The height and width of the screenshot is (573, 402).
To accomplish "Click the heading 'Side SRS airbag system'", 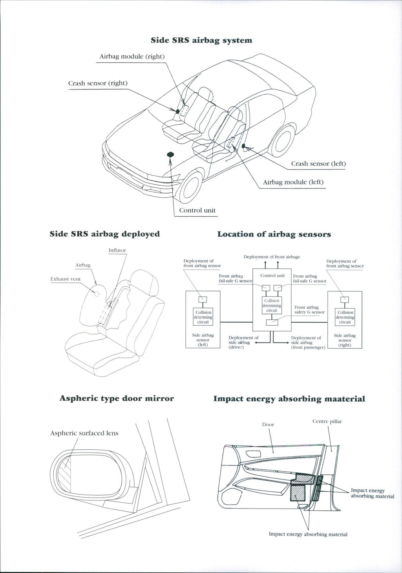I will (x=201, y=40).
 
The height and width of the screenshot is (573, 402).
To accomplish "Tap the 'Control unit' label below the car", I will (x=197, y=210).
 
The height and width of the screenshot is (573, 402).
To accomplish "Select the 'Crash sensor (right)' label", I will (x=98, y=83).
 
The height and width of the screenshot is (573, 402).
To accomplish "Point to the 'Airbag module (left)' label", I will (x=293, y=182).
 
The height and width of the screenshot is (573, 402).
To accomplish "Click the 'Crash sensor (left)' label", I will (x=318, y=163).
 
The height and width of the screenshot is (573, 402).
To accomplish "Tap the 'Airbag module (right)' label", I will (x=132, y=56).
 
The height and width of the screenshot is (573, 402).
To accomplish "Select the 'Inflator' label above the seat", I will (x=117, y=250).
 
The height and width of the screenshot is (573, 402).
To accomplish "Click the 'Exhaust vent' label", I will (x=66, y=279).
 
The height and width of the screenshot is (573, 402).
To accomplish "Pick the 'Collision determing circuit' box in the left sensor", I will (x=203, y=317).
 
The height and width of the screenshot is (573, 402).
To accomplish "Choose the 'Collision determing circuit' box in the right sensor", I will (x=345, y=317).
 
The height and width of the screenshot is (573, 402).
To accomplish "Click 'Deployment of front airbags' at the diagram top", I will (x=272, y=257).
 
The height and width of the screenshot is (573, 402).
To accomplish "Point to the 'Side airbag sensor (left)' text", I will (x=203, y=340).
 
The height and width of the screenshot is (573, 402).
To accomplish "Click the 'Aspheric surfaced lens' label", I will (x=84, y=433).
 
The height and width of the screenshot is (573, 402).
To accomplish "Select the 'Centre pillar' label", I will (x=327, y=421).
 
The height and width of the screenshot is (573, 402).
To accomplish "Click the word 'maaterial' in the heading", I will (x=345, y=399).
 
